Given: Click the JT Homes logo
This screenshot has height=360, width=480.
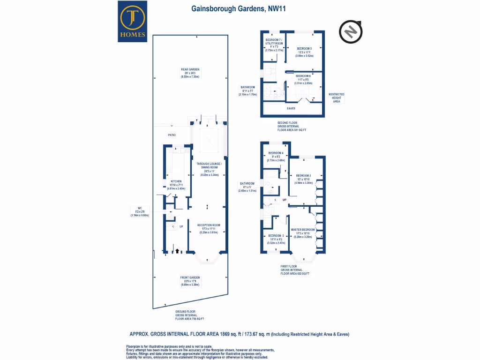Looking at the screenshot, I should point(134,22).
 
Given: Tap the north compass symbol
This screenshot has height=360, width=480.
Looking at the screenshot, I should point(350,31).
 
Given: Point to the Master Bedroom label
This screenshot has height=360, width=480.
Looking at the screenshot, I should point(303,230).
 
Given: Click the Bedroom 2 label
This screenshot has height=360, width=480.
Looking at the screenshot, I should point(304,175).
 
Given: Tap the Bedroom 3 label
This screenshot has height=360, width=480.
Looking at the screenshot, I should point(277,236).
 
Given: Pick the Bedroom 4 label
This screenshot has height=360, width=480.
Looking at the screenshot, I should point(276,153).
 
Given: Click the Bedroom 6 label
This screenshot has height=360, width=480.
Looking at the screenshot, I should point(303,76).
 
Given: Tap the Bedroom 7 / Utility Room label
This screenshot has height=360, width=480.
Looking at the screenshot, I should point(274,41).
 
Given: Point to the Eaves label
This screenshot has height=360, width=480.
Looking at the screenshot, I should point(291,108).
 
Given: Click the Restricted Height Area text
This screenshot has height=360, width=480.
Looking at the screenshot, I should point(336,97).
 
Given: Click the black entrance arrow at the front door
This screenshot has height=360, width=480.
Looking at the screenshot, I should point(177,251).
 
